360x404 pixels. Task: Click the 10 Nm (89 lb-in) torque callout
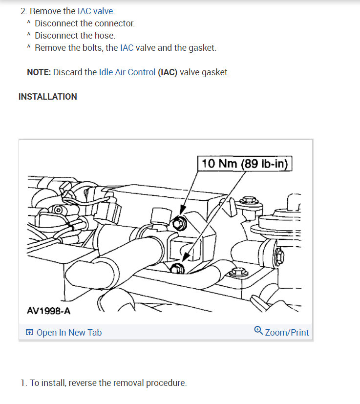245,163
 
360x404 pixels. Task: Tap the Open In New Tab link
69,333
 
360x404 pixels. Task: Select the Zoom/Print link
287,333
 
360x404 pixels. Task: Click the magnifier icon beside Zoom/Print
258,331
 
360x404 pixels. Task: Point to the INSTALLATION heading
48,97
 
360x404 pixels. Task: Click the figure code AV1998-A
48,311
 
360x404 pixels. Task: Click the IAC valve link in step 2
96,11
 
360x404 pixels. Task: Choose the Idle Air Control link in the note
127,72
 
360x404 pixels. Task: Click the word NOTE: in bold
39,72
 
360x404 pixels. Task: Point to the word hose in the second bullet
105,36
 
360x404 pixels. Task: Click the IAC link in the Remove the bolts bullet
127,48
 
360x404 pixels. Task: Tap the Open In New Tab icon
30,333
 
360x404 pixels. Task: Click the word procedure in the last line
168,383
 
